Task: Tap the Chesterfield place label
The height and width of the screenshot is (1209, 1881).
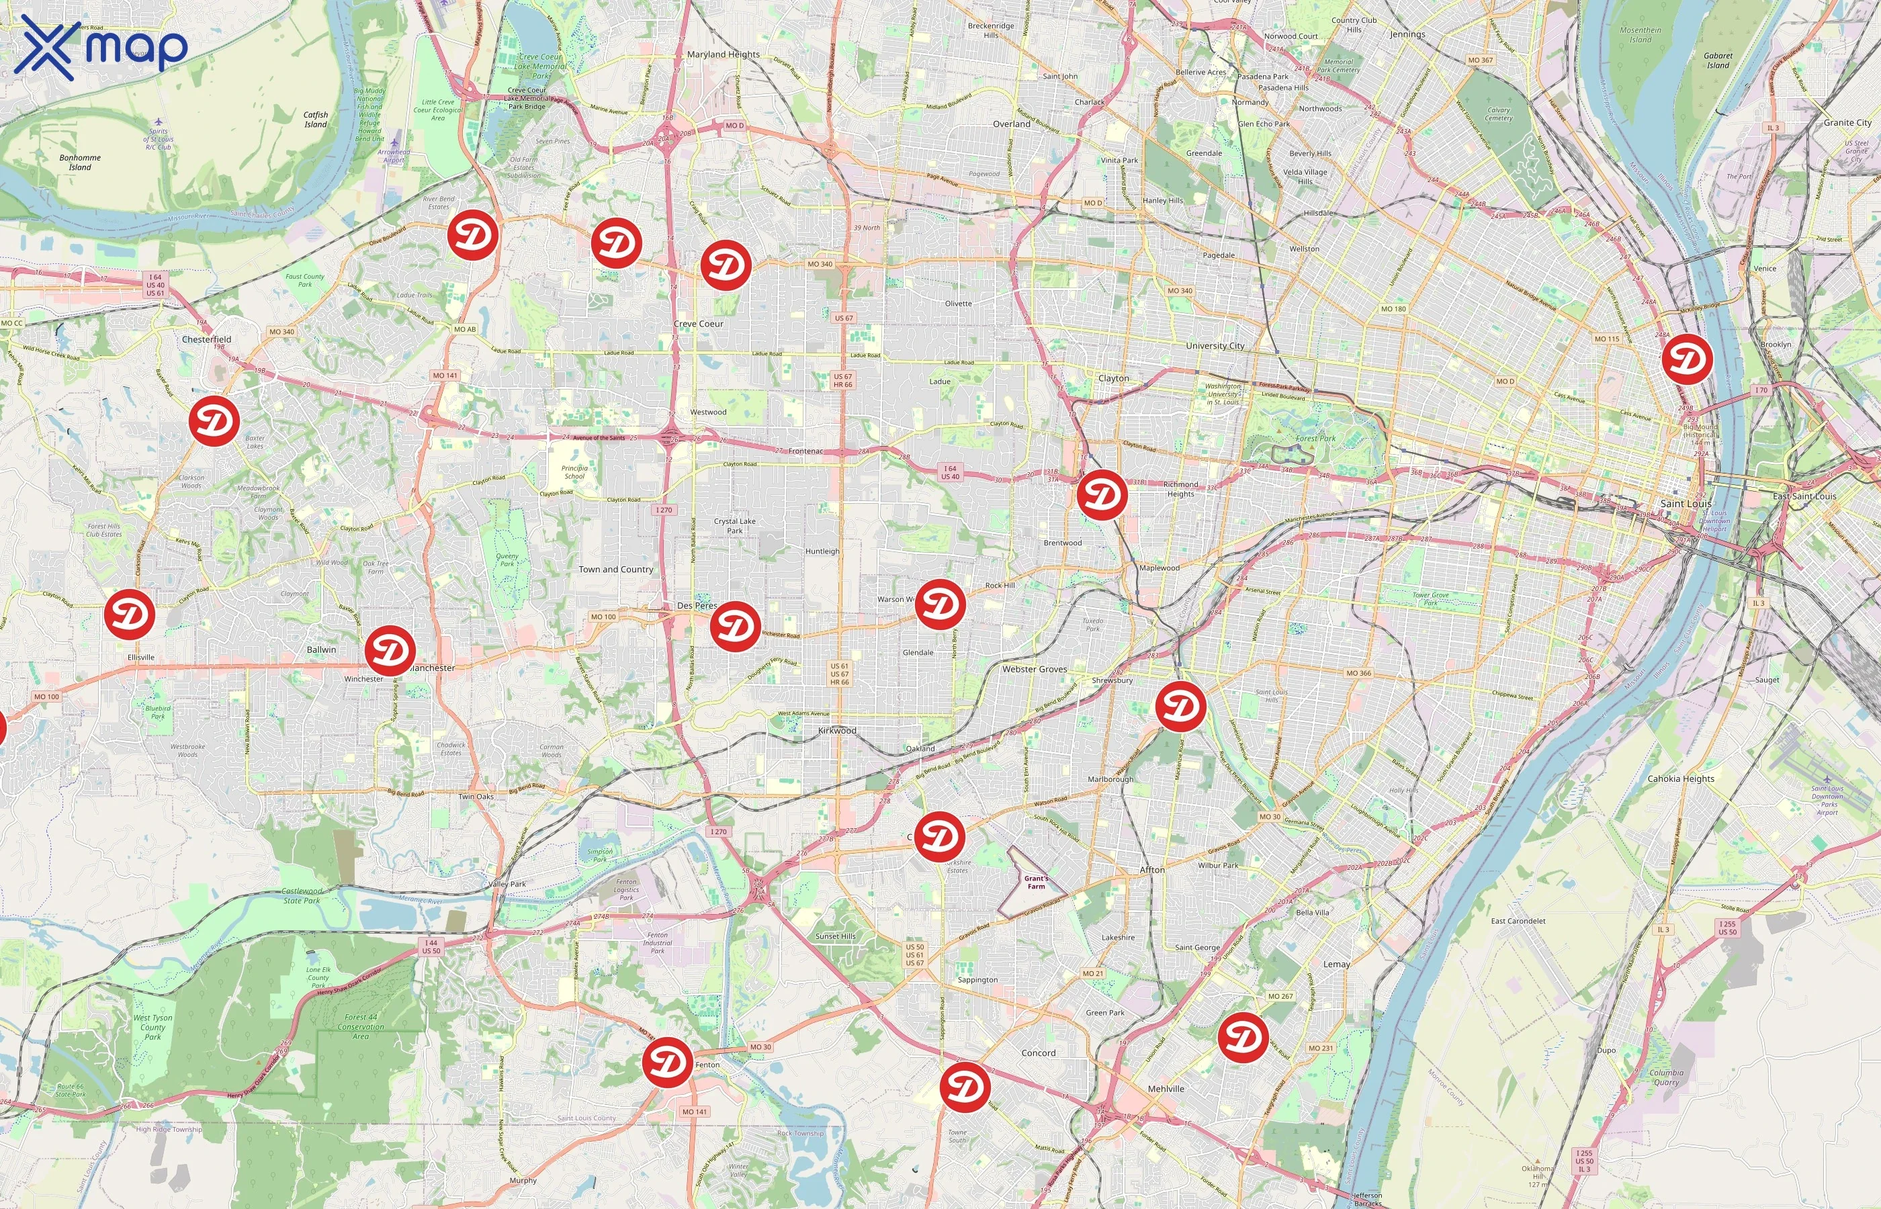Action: [206, 339]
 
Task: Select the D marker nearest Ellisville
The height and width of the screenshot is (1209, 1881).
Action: [130, 614]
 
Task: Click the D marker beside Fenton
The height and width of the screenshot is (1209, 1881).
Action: [667, 1062]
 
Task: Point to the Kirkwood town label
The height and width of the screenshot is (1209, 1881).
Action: [837, 730]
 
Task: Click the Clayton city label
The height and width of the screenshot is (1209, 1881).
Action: [1113, 377]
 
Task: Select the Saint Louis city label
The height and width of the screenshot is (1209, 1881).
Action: [1686, 503]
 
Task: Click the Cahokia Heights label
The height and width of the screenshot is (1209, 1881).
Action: [1681, 778]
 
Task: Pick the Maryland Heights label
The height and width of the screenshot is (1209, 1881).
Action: [723, 54]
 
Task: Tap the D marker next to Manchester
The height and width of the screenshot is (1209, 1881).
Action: [390, 651]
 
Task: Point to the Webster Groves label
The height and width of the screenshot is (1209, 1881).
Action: [1034, 669]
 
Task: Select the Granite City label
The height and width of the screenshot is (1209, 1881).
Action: [1847, 122]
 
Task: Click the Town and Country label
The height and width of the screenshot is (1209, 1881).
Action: [615, 569]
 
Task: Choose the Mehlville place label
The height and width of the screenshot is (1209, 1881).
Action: [1166, 1089]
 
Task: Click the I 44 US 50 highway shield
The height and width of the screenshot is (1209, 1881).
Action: [431, 947]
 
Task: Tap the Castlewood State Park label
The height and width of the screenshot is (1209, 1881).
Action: [302, 896]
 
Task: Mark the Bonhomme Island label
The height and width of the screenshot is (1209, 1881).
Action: [80, 162]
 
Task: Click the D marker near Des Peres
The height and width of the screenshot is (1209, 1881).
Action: [735, 626]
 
